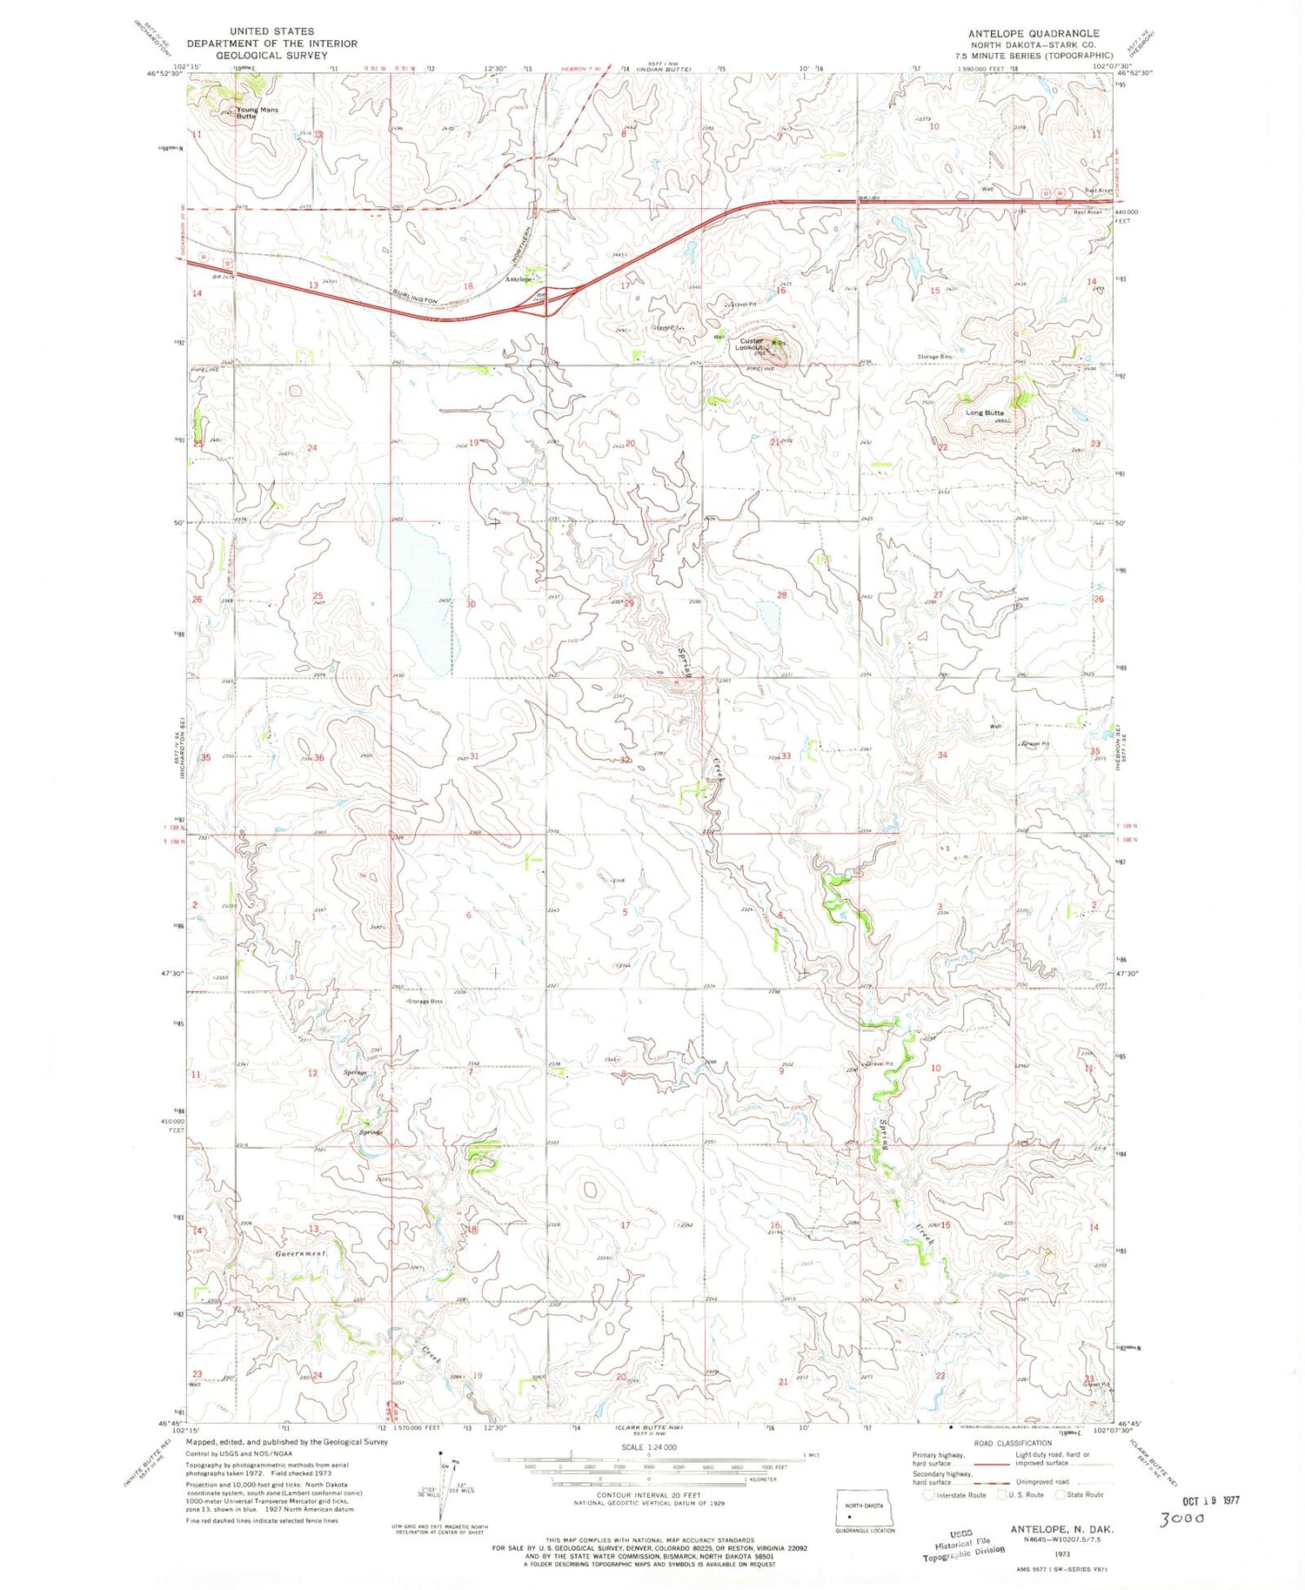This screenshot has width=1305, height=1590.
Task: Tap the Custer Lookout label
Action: click(x=751, y=344)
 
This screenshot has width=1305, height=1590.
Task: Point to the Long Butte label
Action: click(x=984, y=413)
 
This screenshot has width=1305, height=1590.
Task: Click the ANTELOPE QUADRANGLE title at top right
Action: click(x=1033, y=33)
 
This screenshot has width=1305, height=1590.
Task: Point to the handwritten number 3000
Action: click(x=1182, y=1518)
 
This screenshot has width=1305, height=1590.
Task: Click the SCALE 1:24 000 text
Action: click(x=648, y=1446)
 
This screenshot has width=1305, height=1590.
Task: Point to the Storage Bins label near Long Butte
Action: click(x=934, y=357)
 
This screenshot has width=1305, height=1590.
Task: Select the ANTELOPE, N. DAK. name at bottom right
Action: click(x=1062, y=1529)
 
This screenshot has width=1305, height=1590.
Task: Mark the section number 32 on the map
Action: click(x=624, y=760)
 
